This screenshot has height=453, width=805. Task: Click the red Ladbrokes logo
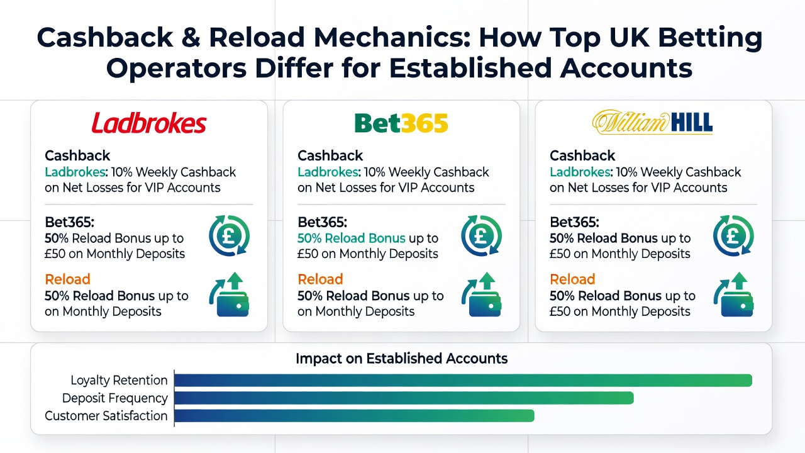click(x=149, y=123)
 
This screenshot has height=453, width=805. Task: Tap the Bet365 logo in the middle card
click(x=401, y=123)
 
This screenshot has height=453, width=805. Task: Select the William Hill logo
click(x=652, y=122)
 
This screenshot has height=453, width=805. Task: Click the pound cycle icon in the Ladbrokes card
click(x=230, y=236)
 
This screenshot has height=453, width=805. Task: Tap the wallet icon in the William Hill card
click(x=733, y=294)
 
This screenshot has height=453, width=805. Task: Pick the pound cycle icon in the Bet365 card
click(x=482, y=236)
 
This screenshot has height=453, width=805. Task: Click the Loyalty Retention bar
click(x=464, y=381)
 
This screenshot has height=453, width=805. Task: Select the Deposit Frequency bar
click(x=404, y=398)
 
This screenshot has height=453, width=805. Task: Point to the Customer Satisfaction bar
click(x=354, y=416)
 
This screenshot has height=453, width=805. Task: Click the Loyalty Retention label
click(x=119, y=381)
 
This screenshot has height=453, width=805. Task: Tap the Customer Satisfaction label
click(x=106, y=416)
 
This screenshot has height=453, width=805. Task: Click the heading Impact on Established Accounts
click(x=401, y=359)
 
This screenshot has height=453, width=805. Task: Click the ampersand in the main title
click(x=191, y=37)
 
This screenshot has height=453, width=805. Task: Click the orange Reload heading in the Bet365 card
click(x=320, y=279)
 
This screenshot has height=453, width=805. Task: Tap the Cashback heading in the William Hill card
click(x=582, y=155)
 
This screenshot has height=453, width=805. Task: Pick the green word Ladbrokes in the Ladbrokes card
click(x=75, y=172)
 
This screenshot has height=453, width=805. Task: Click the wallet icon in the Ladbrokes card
click(x=230, y=294)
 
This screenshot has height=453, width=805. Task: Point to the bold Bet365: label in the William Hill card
click(x=574, y=223)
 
